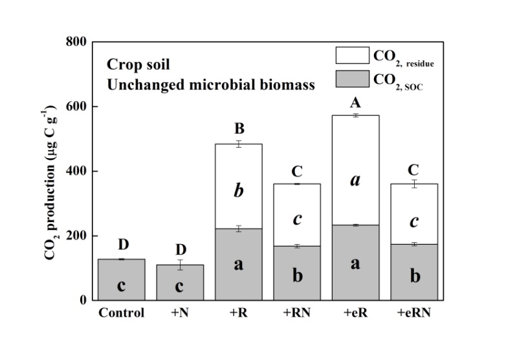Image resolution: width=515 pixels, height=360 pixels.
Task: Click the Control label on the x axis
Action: pyautogui.click(x=121, y=313)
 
